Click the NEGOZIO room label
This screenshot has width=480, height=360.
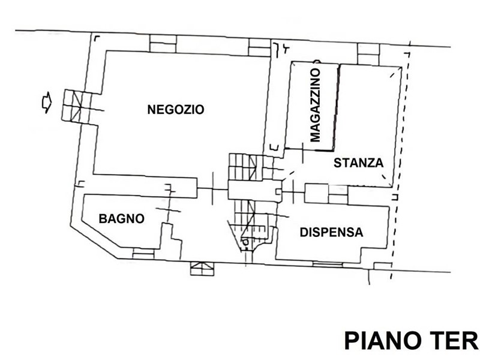pos(175,110)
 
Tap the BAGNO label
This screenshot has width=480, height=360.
pos(122,218)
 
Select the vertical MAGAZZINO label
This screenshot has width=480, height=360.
pos(315,105)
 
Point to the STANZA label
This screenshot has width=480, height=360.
pos(358,163)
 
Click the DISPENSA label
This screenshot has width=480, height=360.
pos(332,232)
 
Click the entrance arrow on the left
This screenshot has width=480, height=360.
pos(47,102)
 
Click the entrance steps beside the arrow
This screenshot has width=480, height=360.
pos(77,106)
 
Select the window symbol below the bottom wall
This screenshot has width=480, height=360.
pos(202,268)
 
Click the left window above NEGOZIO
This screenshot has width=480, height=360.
pos(163,43)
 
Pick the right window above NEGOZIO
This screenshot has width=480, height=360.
pos(260,47)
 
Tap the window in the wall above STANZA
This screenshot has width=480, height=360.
pos(368,54)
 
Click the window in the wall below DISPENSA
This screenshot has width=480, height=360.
pos(328,264)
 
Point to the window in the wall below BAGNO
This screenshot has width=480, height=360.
pos(143,253)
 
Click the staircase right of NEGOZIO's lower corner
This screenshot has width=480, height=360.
pos(247,167)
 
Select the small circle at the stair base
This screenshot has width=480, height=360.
pos(245,242)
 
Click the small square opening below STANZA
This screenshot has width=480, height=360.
pos(317,193)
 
